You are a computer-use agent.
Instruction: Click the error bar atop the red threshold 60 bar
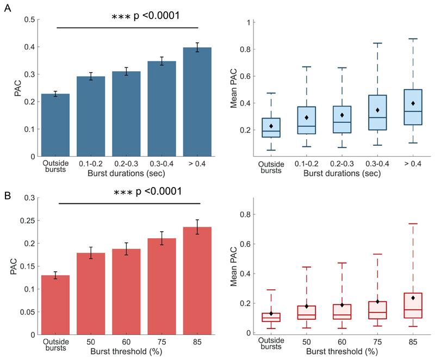[126, 249]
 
